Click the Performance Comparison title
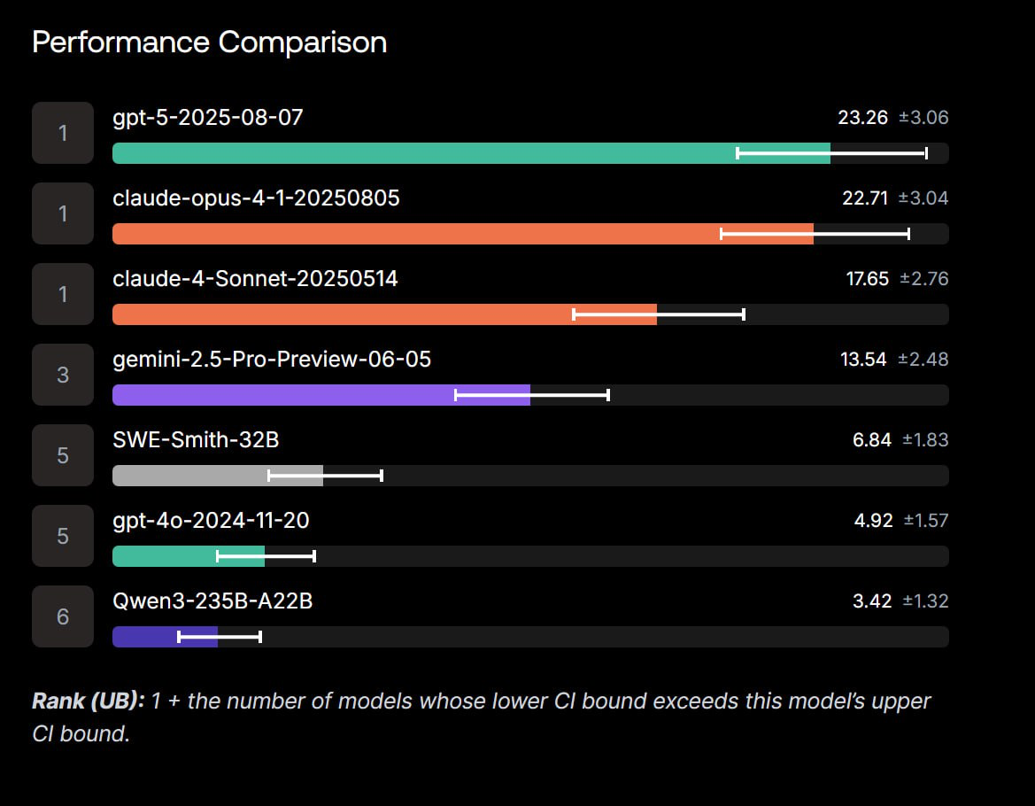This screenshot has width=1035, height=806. (209, 43)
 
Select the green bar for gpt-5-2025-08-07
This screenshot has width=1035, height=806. (471, 153)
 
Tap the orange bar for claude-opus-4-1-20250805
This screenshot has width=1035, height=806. (463, 234)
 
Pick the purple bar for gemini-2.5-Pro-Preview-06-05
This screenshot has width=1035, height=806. (321, 395)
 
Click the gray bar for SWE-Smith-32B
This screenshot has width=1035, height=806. (218, 476)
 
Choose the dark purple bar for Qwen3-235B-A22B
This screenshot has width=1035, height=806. (165, 636)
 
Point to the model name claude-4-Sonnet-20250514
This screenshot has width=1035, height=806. (256, 279)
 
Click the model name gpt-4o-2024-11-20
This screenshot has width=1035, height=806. (212, 521)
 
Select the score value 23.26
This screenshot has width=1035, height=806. (862, 118)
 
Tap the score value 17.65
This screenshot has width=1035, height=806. (868, 279)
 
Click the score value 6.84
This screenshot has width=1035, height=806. (872, 439)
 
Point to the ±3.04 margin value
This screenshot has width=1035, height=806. (923, 198)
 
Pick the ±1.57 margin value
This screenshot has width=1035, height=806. (926, 520)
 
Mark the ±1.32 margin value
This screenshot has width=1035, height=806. (925, 601)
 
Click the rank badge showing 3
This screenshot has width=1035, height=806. (63, 375)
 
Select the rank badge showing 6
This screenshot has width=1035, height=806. (63, 616)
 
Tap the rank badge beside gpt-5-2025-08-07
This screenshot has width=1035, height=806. (63, 133)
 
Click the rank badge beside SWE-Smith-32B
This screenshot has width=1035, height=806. (63, 455)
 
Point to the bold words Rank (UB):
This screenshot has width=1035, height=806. (89, 701)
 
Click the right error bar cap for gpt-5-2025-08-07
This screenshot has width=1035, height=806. (926, 153)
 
